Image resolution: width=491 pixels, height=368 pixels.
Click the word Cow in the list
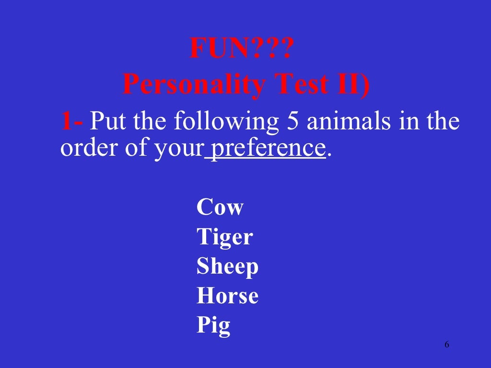point(220,208)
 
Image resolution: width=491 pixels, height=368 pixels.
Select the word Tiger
point(224,237)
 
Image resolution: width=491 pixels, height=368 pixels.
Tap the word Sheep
point(227,266)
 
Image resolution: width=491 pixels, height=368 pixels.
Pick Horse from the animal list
point(227,296)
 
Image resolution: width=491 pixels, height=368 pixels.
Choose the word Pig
point(213,326)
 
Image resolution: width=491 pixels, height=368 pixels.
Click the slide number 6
point(447,345)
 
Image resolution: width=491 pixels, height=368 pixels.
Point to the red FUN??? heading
point(240,49)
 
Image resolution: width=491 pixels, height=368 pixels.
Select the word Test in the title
point(295,85)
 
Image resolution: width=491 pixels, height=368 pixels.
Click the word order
point(89,149)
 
